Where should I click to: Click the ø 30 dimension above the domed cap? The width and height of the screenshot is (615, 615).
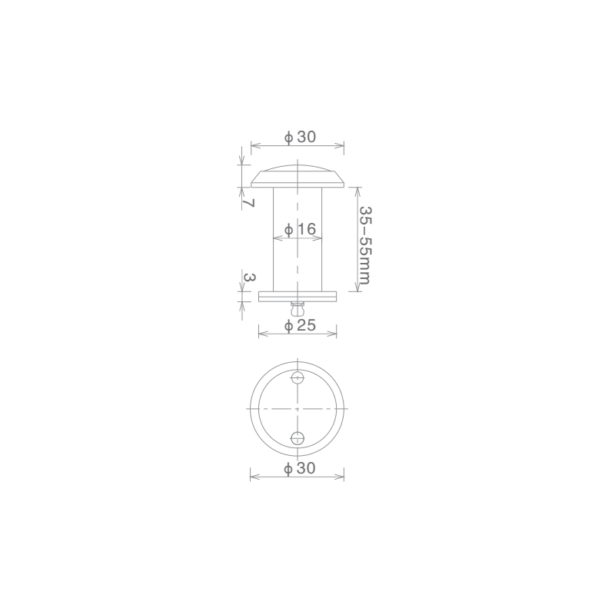click(x=300, y=137)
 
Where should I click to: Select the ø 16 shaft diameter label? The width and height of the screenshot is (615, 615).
click(x=300, y=229)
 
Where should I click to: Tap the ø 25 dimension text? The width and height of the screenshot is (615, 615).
click(x=300, y=325)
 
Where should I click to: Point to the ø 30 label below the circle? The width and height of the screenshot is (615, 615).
click(x=300, y=468)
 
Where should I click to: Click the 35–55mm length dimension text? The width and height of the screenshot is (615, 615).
click(x=364, y=244)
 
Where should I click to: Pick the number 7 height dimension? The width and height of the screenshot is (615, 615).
click(x=248, y=203)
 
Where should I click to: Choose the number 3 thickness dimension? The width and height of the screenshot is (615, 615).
click(x=249, y=278)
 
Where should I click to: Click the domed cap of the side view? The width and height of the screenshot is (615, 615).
click(x=298, y=177)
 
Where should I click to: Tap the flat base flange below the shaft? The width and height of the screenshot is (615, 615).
click(x=298, y=297)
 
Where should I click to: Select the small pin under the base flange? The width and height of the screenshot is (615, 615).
click(x=298, y=309)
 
